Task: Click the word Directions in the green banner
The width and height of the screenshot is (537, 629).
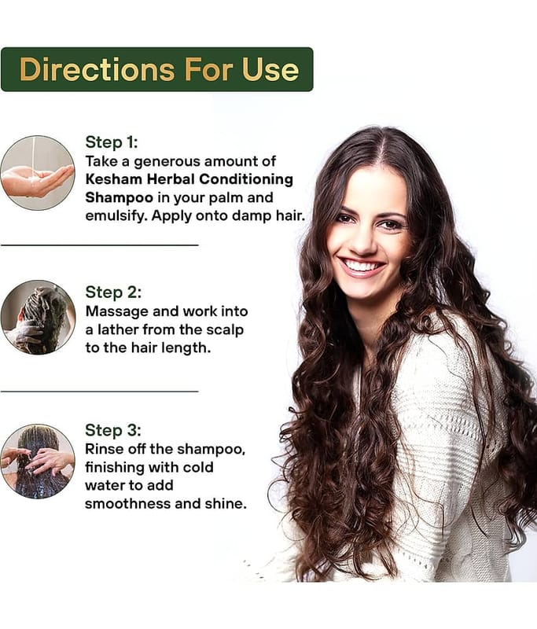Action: coord(97,70)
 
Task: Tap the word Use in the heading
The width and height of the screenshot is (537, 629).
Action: coord(270,70)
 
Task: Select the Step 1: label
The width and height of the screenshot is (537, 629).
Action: coord(112,142)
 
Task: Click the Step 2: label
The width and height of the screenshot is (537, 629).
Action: coord(113,292)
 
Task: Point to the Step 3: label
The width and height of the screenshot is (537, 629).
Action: coord(113,430)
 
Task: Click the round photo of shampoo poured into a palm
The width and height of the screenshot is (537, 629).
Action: coord(38,172)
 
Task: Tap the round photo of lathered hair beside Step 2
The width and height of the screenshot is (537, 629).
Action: coord(38,318)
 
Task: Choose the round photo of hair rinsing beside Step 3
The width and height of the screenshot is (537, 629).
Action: coord(38,462)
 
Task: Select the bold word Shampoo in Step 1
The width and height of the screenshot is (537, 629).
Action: coord(119,198)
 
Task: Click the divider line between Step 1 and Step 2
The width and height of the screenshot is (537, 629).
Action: coord(100,245)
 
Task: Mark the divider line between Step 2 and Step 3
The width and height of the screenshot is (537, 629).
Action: coord(100,390)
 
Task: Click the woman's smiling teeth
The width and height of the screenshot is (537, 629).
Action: coord(362,266)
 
